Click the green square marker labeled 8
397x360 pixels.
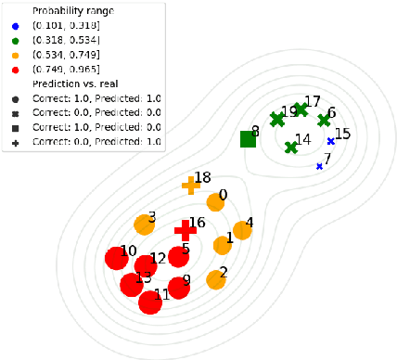tap(248, 139)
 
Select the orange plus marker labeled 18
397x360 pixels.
tap(190, 185)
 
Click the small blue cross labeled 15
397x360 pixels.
tap(330, 141)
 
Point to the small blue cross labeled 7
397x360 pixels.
tap(319, 166)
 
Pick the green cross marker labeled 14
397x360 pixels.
tap(291, 147)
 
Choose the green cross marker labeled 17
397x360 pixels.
tap(301, 109)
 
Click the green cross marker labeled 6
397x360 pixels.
tap(324, 120)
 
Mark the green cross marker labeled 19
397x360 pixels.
tap(275, 119)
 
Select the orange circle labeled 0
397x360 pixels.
tap(216, 201)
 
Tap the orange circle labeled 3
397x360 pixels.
tap(144, 224)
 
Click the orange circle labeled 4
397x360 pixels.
tap(242, 229)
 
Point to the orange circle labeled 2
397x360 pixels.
tap(216, 278)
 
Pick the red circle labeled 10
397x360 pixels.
tap(117, 258)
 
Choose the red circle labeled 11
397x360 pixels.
tap(150, 302)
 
